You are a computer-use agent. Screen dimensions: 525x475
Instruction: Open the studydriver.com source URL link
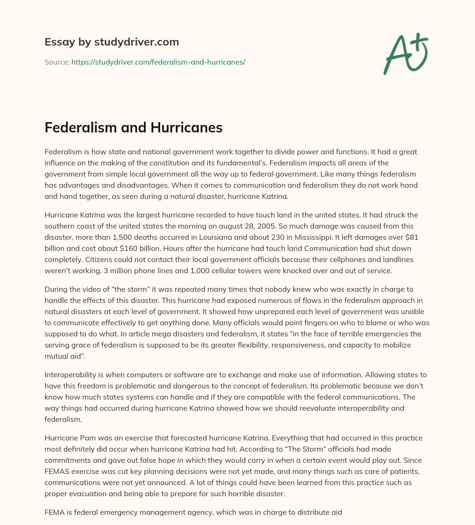[158, 62]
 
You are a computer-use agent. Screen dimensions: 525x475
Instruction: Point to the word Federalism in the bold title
[77, 128]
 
